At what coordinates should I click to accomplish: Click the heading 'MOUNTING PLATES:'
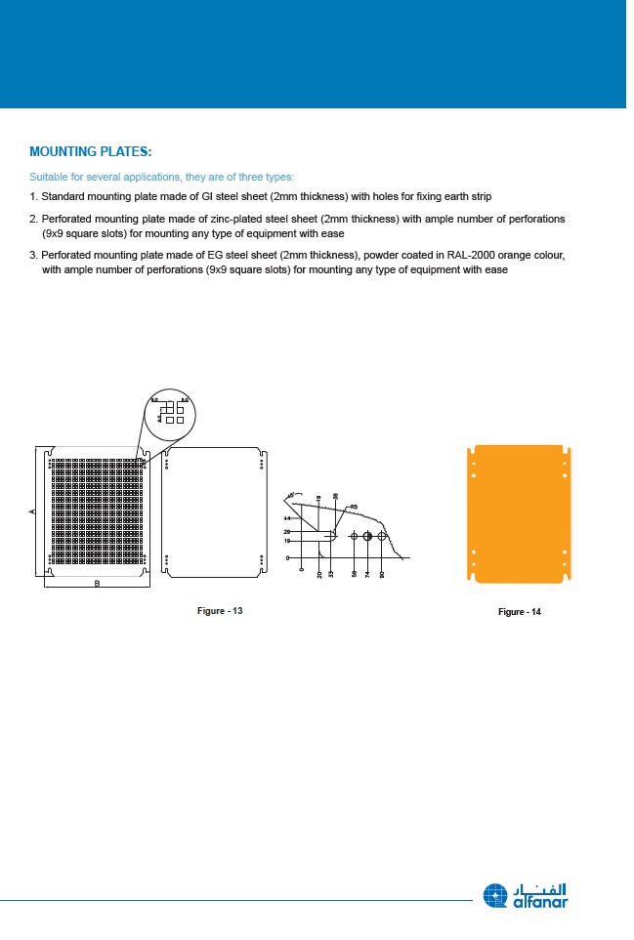click(91, 152)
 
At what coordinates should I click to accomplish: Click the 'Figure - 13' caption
click(220, 611)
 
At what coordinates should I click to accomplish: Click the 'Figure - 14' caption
click(519, 612)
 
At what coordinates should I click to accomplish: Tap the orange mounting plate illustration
click(519, 513)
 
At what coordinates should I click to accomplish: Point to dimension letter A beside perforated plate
click(32, 511)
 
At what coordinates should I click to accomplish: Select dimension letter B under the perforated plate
click(97, 584)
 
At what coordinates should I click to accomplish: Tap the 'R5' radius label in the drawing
click(354, 507)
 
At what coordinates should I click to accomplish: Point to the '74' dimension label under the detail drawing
click(367, 575)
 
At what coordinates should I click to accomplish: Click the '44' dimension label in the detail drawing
click(287, 518)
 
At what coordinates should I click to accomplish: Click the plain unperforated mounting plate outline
click(215, 513)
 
